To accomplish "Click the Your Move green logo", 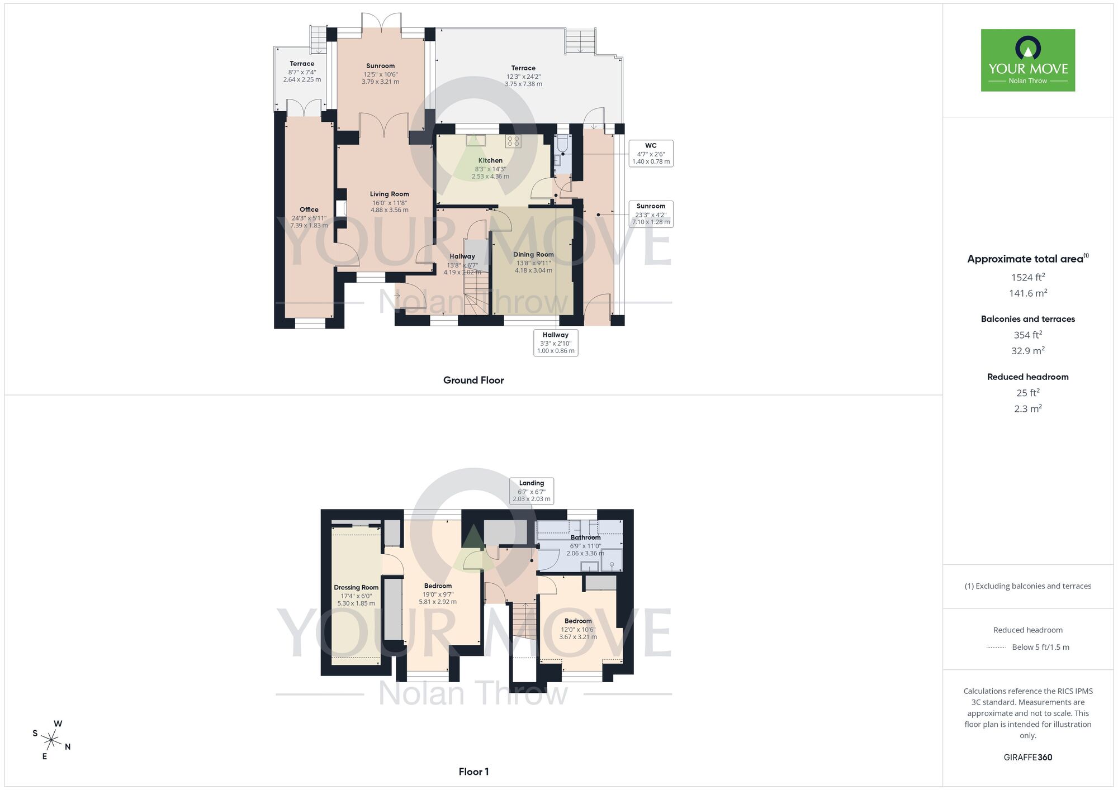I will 1027,60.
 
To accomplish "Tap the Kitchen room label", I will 490,160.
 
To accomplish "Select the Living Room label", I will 389,194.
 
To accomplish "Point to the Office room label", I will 309,210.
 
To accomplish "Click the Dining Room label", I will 533,255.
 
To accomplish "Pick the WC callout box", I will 651,154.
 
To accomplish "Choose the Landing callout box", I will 531,491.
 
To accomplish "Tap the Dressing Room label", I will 356,588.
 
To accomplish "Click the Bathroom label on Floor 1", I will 585,537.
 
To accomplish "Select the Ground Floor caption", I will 473,380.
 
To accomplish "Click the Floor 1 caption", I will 473,772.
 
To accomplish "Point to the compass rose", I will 51,741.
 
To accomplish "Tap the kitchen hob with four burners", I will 513,141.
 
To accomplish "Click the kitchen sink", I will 476,140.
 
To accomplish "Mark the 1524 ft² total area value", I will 1027,277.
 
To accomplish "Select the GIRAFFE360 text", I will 1027,758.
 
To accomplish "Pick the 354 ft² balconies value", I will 1027,335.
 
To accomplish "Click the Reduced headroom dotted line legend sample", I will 996,648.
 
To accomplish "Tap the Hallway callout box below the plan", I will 555,342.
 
